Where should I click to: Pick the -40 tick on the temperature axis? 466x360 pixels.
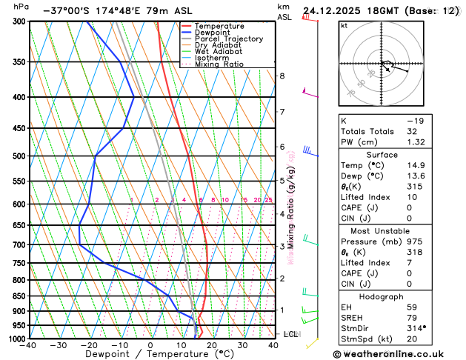[x=29, y=346]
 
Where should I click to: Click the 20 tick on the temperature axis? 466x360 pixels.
[x=212, y=346]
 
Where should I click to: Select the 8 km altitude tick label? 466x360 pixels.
[x=282, y=76]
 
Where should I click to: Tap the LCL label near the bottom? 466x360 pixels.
[x=292, y=335]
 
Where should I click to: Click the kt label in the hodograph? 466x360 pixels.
[x=344, y=26]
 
